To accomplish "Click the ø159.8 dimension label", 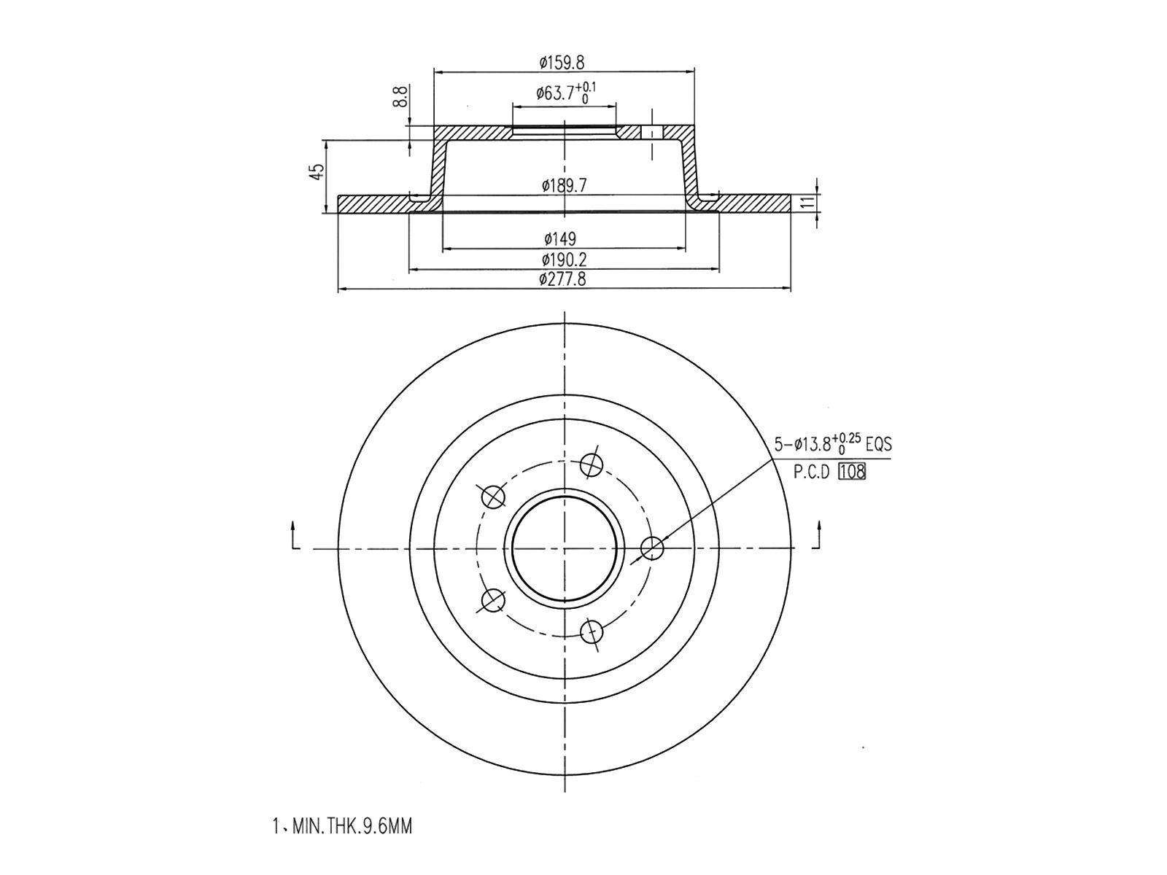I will click(562, 63).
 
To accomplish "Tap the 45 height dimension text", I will click(316, 172).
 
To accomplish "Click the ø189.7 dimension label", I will click(564, 186).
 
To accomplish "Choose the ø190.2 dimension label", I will click(564, 260).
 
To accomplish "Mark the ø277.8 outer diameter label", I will click(562, 279).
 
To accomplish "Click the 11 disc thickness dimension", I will click(807, 202).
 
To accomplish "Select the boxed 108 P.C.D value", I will click(852, 472).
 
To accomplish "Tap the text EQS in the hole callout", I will click(878, 443).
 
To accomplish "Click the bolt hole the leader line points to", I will click(652, 548).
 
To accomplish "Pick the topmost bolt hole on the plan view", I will click(592, 464).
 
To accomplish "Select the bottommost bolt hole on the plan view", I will click(592, 632).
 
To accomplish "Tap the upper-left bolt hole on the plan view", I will click(494, 497).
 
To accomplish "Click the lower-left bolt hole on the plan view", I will click(494, 601).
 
